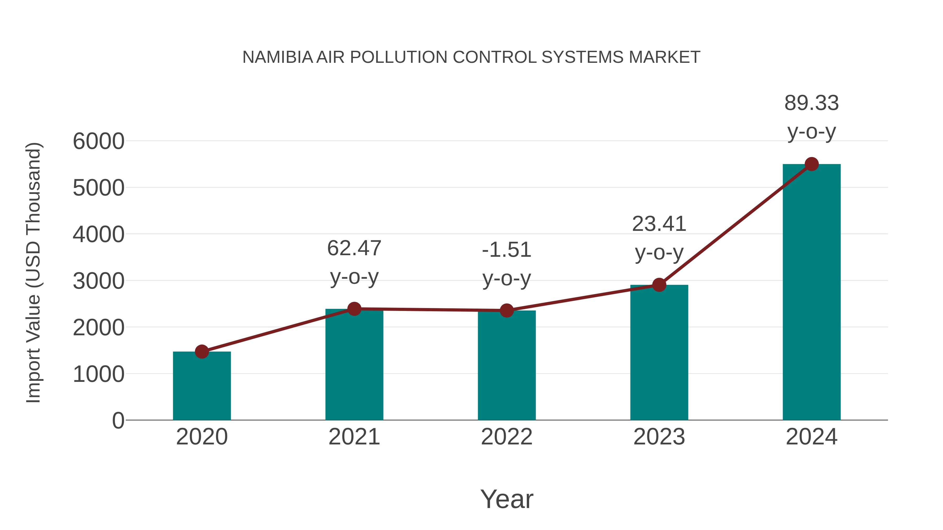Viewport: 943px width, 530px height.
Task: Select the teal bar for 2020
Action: click(202, 386)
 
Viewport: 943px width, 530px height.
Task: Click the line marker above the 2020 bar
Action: click(202, 352)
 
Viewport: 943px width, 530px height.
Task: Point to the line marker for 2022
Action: click(507, 310)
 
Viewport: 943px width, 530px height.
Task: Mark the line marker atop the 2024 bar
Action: click(812, 164)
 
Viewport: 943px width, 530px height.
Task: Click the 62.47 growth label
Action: click(354, 249)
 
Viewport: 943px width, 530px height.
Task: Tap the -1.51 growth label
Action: click(507, 250)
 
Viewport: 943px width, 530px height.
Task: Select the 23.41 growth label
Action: click(659, 224)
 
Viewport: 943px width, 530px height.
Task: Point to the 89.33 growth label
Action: click(812, 103)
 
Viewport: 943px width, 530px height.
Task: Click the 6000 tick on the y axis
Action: click(98, 142)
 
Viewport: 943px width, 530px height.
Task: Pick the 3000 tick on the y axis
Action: click(98, 281)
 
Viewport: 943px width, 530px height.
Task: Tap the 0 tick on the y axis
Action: click(118, 421)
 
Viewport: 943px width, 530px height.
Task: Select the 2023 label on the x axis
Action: click(659, 437)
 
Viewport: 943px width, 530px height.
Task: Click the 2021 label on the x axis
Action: click(354, 437)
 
